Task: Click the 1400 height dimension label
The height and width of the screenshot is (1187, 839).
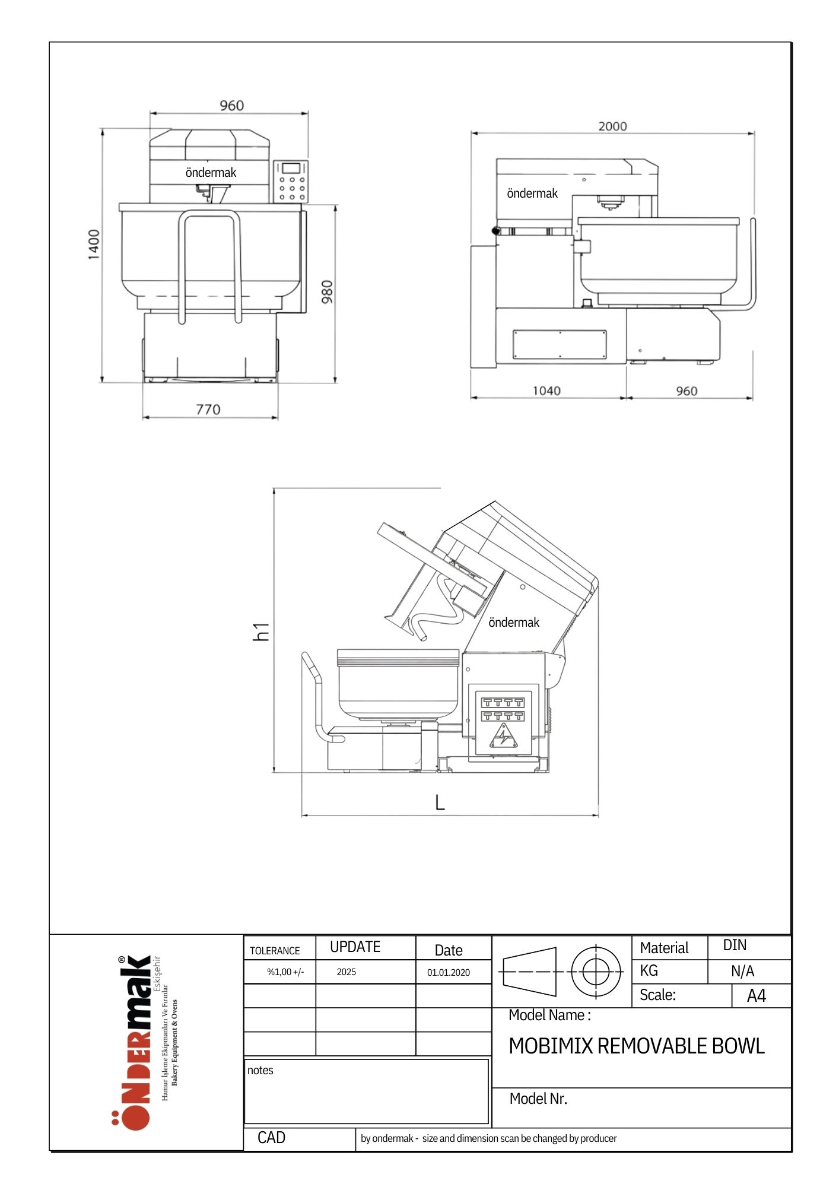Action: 94,244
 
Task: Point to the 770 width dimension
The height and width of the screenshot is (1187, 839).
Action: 208,410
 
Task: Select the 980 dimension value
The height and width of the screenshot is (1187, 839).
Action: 327,292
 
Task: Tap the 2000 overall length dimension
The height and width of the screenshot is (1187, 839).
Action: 612,126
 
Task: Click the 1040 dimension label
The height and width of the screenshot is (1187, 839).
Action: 546,391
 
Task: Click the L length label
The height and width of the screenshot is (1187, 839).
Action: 440,802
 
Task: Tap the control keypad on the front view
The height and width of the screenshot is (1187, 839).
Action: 291,180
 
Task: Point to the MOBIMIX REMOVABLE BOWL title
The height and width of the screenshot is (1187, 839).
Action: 637,1046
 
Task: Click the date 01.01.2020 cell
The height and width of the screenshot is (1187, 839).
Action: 449,972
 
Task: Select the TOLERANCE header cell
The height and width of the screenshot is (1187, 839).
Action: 275,951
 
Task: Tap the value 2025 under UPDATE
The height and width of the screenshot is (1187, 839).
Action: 347,972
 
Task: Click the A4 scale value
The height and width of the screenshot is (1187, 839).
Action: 757,996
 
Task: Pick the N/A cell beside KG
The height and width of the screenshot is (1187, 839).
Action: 742,971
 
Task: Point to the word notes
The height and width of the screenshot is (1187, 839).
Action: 260,1070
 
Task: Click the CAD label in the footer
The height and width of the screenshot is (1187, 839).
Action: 271,1138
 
